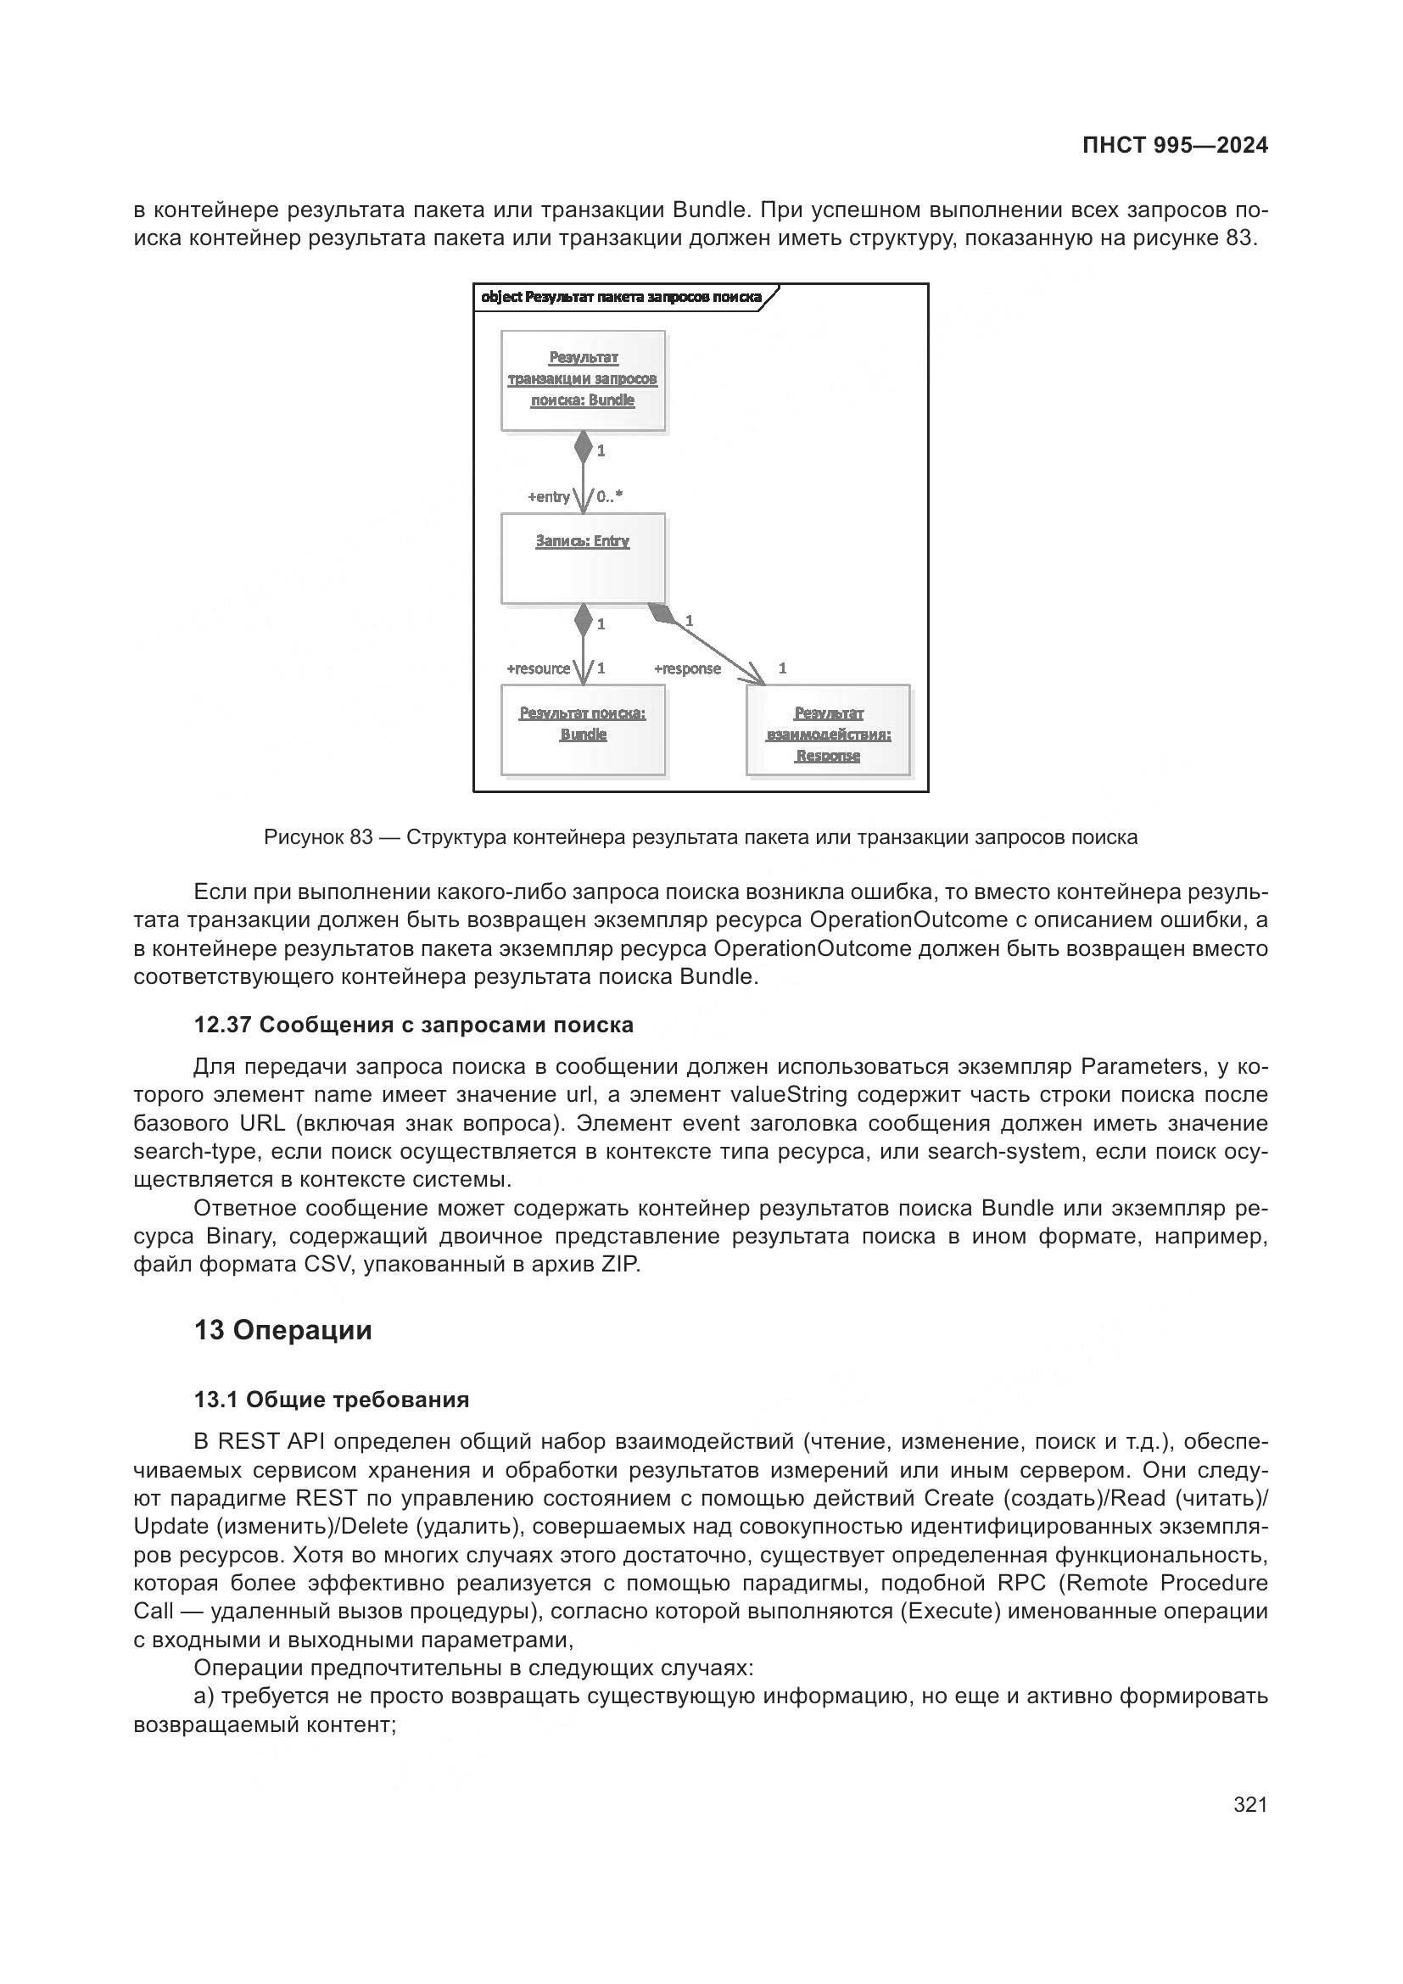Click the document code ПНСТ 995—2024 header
[x=1175, y=145]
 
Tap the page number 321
[x=1250, y=1804]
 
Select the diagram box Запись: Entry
[x=583, y=558]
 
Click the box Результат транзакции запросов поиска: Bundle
[x=583, y=380]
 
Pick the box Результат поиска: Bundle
[x=583, y=729]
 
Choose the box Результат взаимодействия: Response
[x=828, y=730]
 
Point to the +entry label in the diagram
[x=549, y=497]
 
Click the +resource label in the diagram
[x=539, y=668]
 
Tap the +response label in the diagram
[x=687, y=668]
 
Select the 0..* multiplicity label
[x=610, y=497]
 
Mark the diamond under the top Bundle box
[x=583, y=447]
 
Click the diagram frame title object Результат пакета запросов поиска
[x=620, y=297]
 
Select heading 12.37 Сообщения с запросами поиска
[x=414, y=1025]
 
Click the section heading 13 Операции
[x=282, y=1330]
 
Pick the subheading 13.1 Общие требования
[x=332, y=1399]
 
